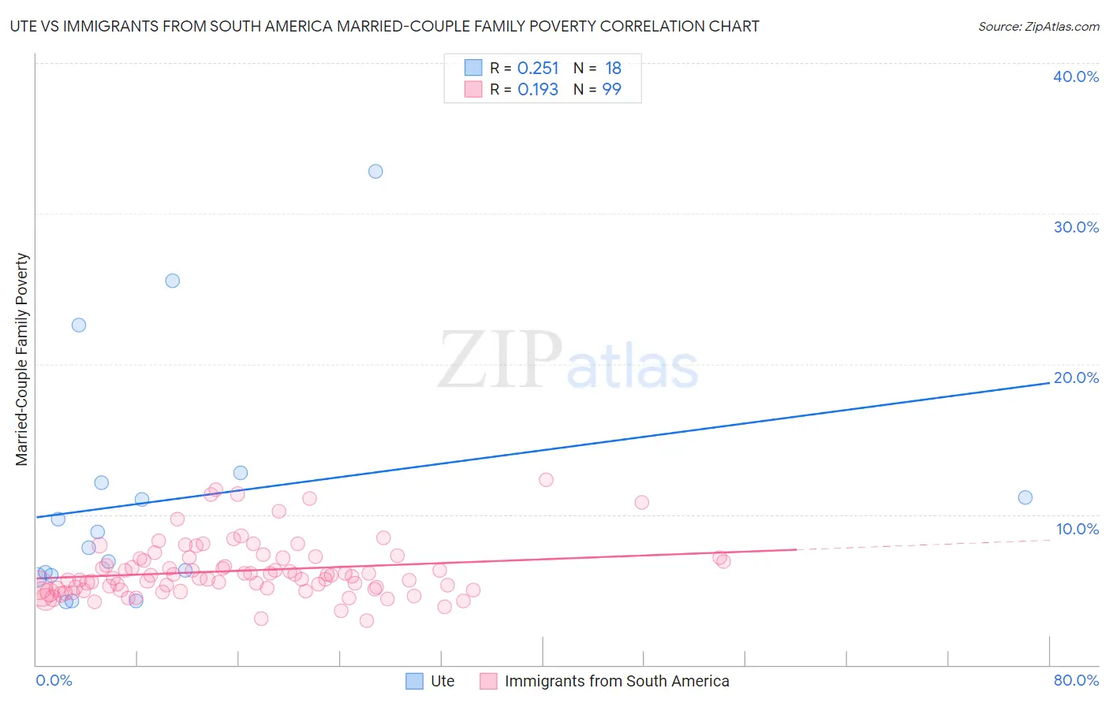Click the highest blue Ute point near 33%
click(x=375, y=171)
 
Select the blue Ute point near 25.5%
click(x=172, y=281)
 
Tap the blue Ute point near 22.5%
click(x=79, y=325)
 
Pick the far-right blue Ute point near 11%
click(x=1025, y=497)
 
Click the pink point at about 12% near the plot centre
click(x=546, y=480)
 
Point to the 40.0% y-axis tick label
click(x=1075, y=77)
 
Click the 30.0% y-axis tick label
click(x=1075, y=227)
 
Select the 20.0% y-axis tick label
click(x=1075, y=378)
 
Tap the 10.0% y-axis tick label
click(x=1077, y=529)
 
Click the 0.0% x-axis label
click(x=54, y=681)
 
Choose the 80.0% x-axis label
click(x=1075, y=681)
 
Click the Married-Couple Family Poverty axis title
click(x=22, y=359)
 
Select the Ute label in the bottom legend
click(x=442, y=681)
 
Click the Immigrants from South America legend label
click(x=616, y=681)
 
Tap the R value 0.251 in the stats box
click(x=538, y=69)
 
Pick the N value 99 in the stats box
click(x=611, y=90)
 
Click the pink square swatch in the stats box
click(x=473, y=89)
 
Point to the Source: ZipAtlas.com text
click(x=1038, y=27)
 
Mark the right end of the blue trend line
click(x=1049, y=383)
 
